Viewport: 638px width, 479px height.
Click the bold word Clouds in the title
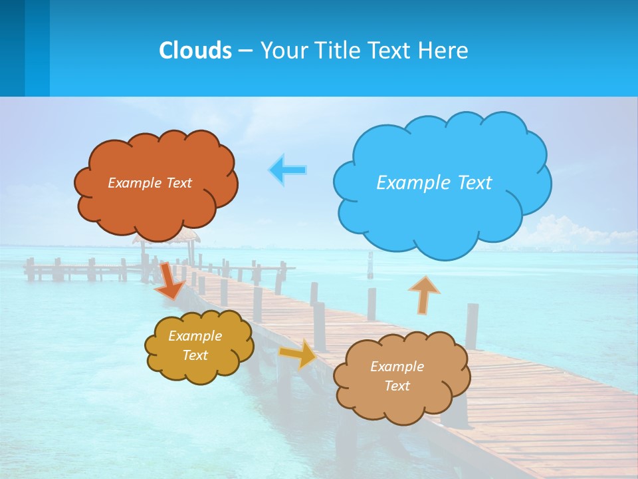click(x=195, y=51)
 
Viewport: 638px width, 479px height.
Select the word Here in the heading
click(x=445, y=51)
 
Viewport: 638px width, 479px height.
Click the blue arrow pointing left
click(x=288, y=170)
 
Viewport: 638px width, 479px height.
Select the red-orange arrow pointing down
click(x=170, y=280)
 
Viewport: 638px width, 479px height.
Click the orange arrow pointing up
click(x=424, y=294)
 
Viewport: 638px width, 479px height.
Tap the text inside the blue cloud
click(x=434, y=183)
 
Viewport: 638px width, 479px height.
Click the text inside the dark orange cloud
click(x=150, y=183)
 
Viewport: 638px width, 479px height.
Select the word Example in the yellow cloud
click(x=195, y=337)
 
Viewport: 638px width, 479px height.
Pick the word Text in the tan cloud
click(x=397, y=386)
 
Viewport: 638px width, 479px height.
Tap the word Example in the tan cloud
click(x=397, y=367)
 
